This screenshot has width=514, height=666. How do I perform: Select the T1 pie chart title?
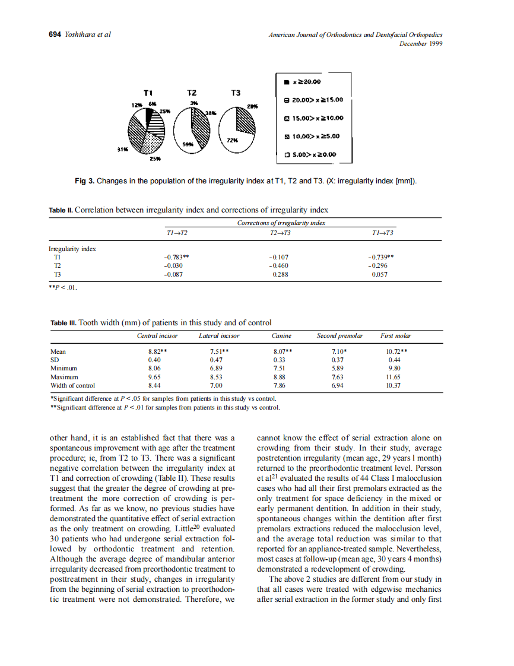click(x=149, y=93)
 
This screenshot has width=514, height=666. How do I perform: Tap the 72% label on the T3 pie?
click(x=233, y=139)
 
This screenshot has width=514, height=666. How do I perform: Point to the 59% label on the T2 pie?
click(x=188, y=144)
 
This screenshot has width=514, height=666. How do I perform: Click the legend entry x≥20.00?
click(x=306, y=82)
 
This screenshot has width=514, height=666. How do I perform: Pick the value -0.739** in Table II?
click(x=380, y=258)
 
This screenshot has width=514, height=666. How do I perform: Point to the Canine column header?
click(x=281, y=336)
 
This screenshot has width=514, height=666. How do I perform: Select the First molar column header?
click(x=395, y=336)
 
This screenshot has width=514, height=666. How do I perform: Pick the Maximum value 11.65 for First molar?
click(x=394, y=377)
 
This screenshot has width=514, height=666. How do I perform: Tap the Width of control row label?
click(x=73, y=385)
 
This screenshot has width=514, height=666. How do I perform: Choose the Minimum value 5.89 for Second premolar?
click(x=338, y=368)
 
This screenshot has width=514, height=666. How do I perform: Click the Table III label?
click(x=64, y=323)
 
